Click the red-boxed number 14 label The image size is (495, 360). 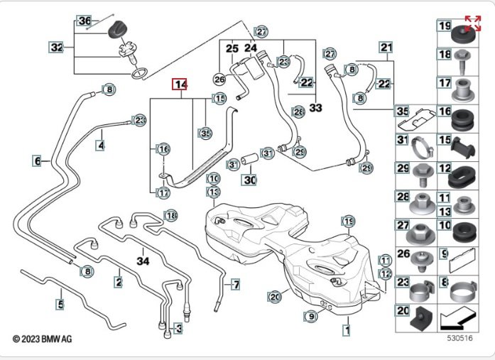[x=180, y=85]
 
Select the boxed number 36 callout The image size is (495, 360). [x=85, y=21]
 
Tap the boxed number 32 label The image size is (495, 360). [x=57, y=48]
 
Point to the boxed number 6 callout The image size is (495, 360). [x=37, y=161]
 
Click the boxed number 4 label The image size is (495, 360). [x=101, y=145]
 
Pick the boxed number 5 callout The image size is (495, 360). [x=60, y=305]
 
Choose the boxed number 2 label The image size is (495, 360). [x=118, y=282]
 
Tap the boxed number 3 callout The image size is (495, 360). [x=178, y=329]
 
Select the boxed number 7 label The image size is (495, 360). [x=236, y=285]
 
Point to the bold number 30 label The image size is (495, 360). [x=249, y=180]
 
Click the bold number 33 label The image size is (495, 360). [x=316, y=107]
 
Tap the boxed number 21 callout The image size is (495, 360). [x=386, y=48]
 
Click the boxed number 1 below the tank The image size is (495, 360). [x=347, y=329]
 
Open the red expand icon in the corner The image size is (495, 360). [x=472, y=23]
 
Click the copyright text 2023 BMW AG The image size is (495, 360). [x=42, y=341]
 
